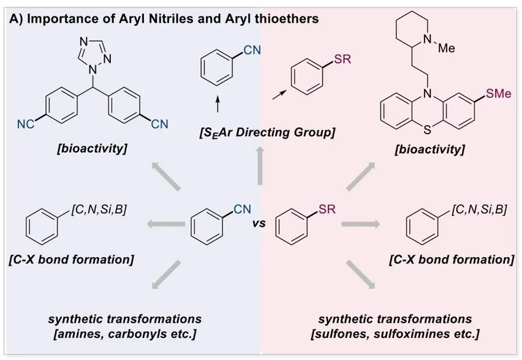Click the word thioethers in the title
click(286, 19)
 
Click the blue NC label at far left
click(26, 124)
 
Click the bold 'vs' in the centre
click(260, 223)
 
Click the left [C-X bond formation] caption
click(72, 259)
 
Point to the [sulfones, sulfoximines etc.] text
click(395, 334)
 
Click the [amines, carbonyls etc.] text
click(126, 334)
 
